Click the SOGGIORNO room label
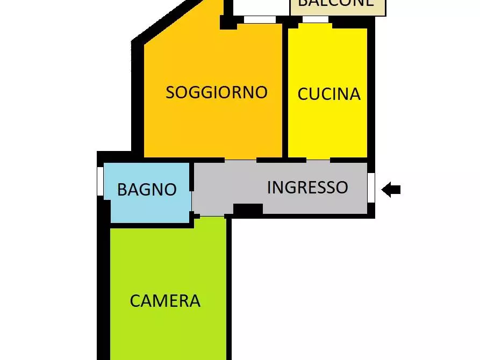pos(216,92)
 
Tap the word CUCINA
pos(328,94)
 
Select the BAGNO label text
pos(147,190)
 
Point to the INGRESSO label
pos(307,187)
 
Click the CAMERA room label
pos(165,301)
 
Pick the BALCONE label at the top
pos(335,3)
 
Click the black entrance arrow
pos(391,189)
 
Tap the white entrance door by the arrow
pos(371,187)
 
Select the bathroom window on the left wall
pos(100,181)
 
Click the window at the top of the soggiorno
pos(260,20)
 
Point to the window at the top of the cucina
pos(316,20)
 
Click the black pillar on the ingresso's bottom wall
pos(248,210)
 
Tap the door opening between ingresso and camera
pos(212,216)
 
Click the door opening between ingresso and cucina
pos(318,160)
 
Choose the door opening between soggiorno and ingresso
pos(240,160)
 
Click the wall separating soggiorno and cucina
pos(285,91)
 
